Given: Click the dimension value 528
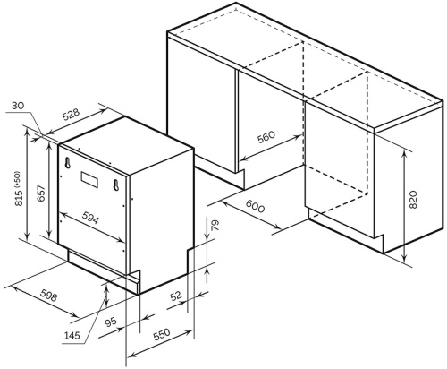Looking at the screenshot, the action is click(72, 116).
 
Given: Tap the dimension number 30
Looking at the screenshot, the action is click(18, 106).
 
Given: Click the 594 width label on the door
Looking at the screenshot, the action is click(90, 218).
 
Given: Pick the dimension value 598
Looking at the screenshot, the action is click(48, 295).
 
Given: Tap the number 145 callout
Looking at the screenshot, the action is click(72, 335).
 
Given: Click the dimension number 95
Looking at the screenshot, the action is click(111, 322).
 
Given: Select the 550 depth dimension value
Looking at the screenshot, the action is click(161, 334).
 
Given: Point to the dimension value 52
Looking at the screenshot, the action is click(176, 296).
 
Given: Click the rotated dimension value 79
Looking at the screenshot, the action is click(215, 225).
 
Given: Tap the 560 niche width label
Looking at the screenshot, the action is click(266, 137).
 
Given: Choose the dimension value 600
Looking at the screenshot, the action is click(255, 206).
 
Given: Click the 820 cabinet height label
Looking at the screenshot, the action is click(413, 199).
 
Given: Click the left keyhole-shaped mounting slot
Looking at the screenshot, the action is click(68, 163).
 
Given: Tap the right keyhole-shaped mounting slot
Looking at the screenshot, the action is click(116, 185).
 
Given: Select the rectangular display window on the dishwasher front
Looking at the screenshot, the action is click(89, 179).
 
